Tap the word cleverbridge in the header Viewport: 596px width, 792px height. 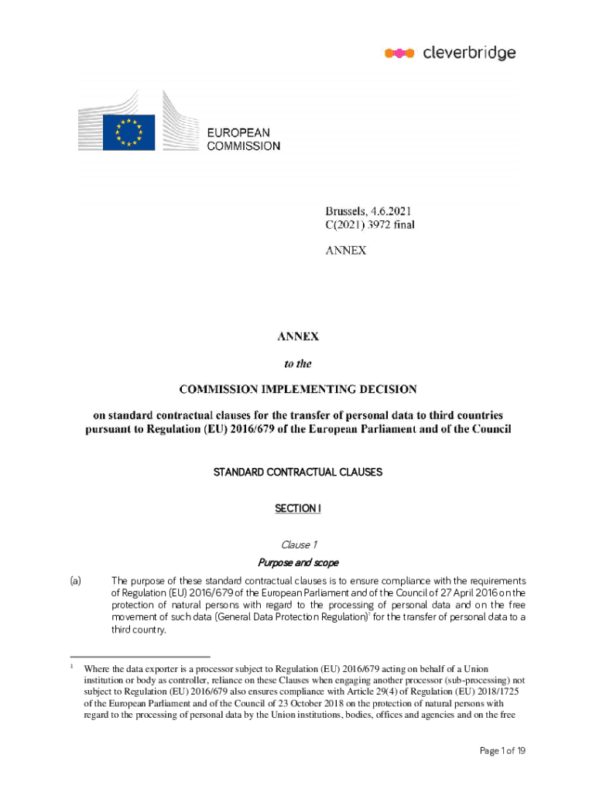[469, 53]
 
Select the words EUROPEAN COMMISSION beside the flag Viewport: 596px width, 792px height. [243, 139]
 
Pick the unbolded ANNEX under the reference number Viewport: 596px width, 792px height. [345, 250]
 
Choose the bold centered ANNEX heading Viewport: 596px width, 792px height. [298, 336]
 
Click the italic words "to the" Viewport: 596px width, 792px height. [298, 361]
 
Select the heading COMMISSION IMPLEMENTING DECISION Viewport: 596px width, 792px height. [298, 388]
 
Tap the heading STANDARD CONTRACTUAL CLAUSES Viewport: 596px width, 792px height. [298, 472]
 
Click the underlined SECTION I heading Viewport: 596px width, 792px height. [298, 508]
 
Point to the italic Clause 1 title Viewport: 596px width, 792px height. [298, 545]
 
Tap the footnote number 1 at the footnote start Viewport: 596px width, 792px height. [71, 666]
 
